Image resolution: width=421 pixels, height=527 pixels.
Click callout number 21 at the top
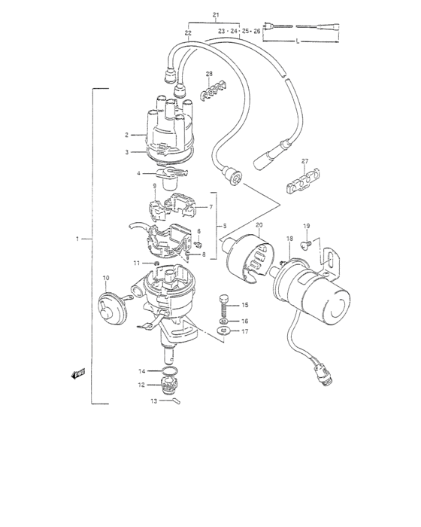[216, 16]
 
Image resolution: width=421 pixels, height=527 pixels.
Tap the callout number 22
[187, 33]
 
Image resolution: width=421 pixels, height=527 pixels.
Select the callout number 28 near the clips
[210, 74]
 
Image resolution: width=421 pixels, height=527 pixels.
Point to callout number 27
[305, 162]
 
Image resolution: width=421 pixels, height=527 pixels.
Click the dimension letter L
[298, 41]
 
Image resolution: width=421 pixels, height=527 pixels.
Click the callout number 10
[104, 277]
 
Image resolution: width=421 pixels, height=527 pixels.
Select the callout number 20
[259, 225]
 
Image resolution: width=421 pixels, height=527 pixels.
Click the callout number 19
[306, 226]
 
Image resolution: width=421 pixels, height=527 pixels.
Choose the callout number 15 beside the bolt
[245, 305]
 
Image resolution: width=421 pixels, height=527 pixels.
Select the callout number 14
[141, 370]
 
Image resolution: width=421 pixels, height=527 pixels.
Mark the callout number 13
[153, 401]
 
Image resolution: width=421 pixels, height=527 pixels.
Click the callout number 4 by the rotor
[138, 174]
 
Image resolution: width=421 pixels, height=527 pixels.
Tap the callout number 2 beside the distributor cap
[127, 135]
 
